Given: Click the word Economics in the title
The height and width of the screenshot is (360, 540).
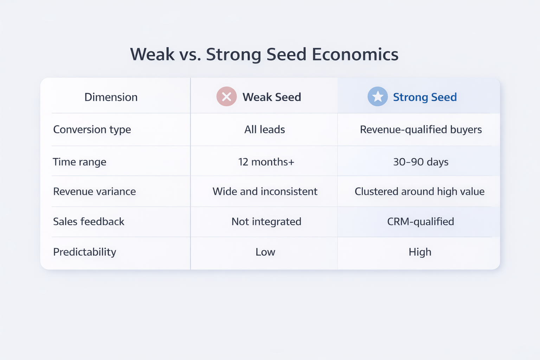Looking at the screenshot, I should coord(355,54).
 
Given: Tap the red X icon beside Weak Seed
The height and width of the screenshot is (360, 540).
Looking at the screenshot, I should coord(226,97).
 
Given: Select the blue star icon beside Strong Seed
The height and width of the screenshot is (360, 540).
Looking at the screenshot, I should coord(378,97).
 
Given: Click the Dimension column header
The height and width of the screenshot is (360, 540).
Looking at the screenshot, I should coord(111,97).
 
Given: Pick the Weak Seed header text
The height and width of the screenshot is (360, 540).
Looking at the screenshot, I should coord(272,97).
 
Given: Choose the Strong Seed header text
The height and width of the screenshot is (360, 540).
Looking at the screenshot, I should coord(425,97).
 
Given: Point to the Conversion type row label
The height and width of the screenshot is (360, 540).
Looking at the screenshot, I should coord(92,129).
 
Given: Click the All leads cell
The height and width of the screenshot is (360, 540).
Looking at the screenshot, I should coord(265,129).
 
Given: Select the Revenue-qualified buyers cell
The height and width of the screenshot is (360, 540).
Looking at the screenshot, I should coord(421,129).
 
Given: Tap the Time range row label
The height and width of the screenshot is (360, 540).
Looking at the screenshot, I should coord(79,162).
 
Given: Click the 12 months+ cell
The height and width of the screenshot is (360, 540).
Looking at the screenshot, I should coord(266,162).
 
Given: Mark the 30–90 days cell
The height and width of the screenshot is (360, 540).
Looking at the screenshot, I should coord(421,162).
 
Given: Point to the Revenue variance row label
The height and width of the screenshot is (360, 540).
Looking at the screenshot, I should coord(94,191).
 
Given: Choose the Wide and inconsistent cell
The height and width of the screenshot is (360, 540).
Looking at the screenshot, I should coord(265,191).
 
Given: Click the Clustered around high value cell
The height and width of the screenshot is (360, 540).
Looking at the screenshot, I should coord(419,191).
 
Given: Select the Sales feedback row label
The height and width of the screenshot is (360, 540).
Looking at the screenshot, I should coord(89,221).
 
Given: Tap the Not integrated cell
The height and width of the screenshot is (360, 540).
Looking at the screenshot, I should coord(266,221).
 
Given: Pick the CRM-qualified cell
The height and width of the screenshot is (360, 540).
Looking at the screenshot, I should coord(420,221).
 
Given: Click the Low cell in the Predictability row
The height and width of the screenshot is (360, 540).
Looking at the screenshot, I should coord(265,252).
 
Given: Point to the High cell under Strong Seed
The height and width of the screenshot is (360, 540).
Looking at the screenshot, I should coord(420,252).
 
